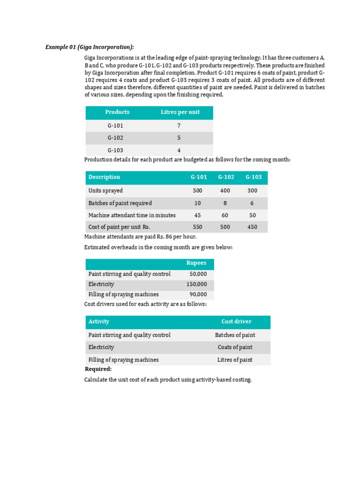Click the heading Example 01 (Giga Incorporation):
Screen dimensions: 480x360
pos(89,47)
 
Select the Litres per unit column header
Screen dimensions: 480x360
pos(180,112)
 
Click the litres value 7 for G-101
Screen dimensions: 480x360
pos(179,126)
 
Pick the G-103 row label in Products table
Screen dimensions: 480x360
pos(115,150)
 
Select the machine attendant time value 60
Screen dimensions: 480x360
pos(226,215)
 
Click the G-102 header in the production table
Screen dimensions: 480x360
pos(226,177)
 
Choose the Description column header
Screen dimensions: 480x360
pos(104,177)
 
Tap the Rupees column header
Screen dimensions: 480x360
pos(196,263)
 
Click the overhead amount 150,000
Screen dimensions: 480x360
pos(196,284)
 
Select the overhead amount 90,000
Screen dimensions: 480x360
pos(198,294)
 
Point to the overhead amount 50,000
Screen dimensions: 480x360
pos(198,274)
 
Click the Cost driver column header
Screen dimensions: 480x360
pos(236,322)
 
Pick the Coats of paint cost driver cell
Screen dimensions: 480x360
pos(235,347)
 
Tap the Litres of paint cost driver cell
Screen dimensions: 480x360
pos(235,360)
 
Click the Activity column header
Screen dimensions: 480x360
pos(98,322)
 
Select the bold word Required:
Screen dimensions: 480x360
pos(98,369)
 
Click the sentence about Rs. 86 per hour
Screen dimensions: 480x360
pos(140,237)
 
